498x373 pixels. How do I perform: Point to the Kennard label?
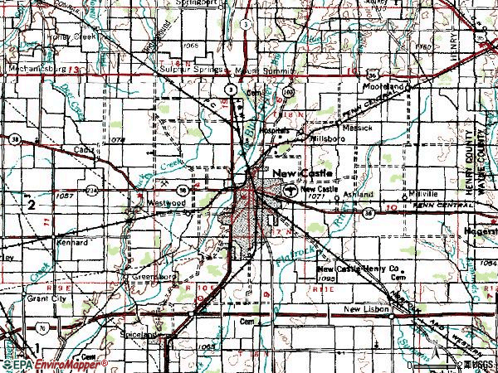pyautogui.click(x=71, y=243)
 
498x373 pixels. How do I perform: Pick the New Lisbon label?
pyautogui.click(x=368, y=308)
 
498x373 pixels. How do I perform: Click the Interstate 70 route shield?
pyautogui.click(x=37, y=327)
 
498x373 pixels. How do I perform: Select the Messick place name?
pyautogui.click(x=359, y=129)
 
